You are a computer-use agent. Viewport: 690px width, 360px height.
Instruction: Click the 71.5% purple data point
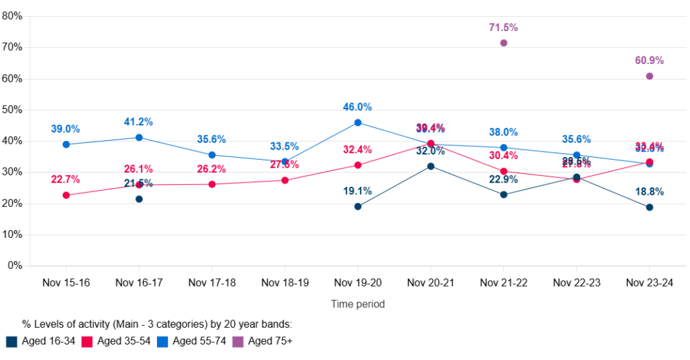[x=503, y=43]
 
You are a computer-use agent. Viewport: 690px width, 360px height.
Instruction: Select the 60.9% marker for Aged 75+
[x=650, y=76]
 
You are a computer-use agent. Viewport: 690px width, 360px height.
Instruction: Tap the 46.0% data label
[x=358, y=107]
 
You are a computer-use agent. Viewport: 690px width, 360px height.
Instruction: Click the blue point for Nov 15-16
[x=66, y=144]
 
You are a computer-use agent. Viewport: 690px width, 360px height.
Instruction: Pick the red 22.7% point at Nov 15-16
[x=66, y=196]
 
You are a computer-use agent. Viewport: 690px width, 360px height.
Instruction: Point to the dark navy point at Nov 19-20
[x=358, y=206]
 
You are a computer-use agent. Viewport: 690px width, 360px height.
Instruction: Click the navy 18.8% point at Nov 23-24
[x=650, y=207]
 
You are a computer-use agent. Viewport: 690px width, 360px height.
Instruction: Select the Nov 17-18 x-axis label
[x=212, y=283]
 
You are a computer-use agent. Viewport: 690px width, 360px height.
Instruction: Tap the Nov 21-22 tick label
[x=503, y=283]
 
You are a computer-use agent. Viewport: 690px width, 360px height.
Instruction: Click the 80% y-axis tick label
[x=13, y=16]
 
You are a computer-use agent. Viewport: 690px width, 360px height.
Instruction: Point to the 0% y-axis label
[x=15, y=266]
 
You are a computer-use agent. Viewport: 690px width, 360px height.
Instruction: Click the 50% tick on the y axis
[x=13, y=110]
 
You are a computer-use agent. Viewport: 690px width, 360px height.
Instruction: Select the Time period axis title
[x=358, y=304]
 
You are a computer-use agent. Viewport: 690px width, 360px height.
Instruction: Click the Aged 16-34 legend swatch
[x=11, y=342]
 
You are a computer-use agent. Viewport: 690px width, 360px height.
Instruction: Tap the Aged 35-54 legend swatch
[x=87, y=342]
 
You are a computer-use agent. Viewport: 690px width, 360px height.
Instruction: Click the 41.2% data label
[x=139, y=122]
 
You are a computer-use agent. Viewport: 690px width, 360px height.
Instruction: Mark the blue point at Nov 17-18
[x=212, y=155]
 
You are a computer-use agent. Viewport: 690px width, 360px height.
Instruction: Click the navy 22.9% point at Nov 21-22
[x=503, y=195]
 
